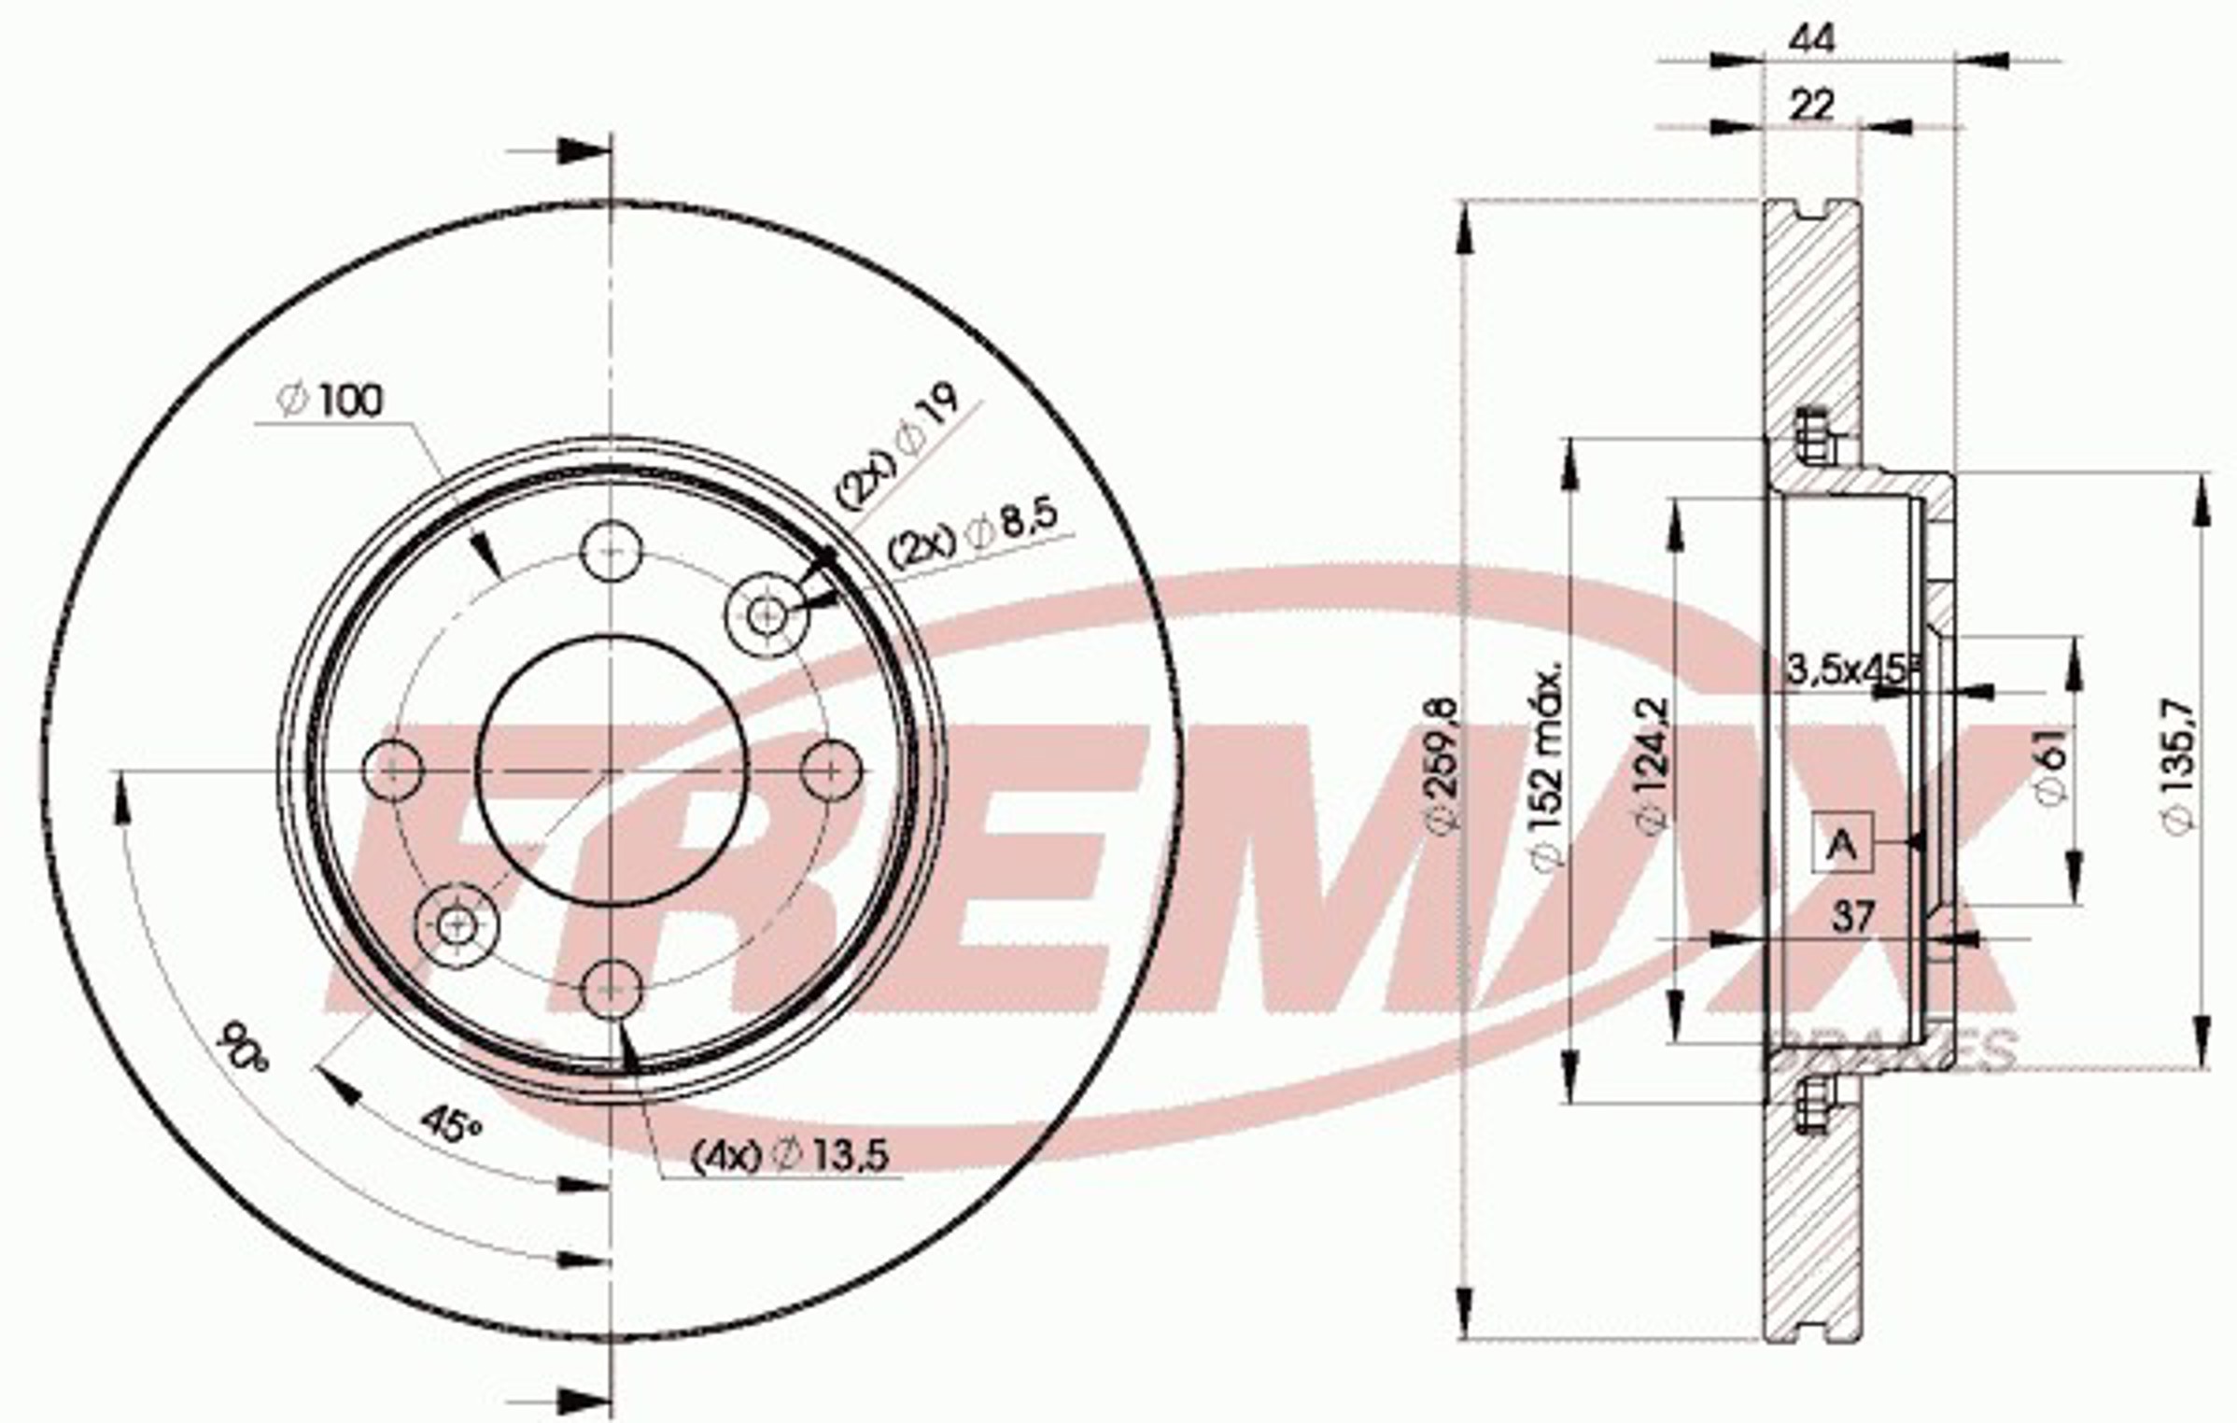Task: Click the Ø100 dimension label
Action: [331, 402]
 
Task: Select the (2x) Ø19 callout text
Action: [894, 448]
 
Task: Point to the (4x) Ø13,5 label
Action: [789, 1157]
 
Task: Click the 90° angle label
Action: [242, 1049]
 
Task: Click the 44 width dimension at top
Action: [1810, 39]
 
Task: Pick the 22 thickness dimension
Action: [1810, 105]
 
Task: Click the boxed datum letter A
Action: [1841, 843]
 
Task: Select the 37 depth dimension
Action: [1851, 918]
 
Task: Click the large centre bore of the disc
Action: [612, 771]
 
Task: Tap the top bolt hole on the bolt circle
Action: [612, 551]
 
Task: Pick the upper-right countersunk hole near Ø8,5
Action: [767, 613]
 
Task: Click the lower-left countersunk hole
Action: [456, 925]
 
